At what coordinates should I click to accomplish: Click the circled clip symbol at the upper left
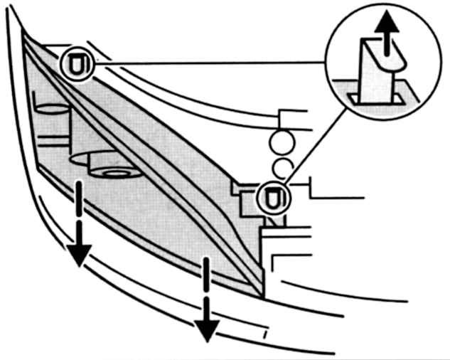pyautogui.click(x=76, y=64)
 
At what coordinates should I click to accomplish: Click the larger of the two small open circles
pyautogui.click(x=280, y=142)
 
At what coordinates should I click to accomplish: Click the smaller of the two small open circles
pyautogui.click(x=282, y=168)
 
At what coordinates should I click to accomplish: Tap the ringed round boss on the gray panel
pyautogui.click(x=113, y=172)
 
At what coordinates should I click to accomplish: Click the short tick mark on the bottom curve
pyautogui.click(x=265, y=334)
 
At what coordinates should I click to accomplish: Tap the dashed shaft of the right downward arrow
pyautogui.click(x=207, y=285)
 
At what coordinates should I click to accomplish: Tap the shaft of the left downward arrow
pyautogui.click(x=78, y=210)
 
